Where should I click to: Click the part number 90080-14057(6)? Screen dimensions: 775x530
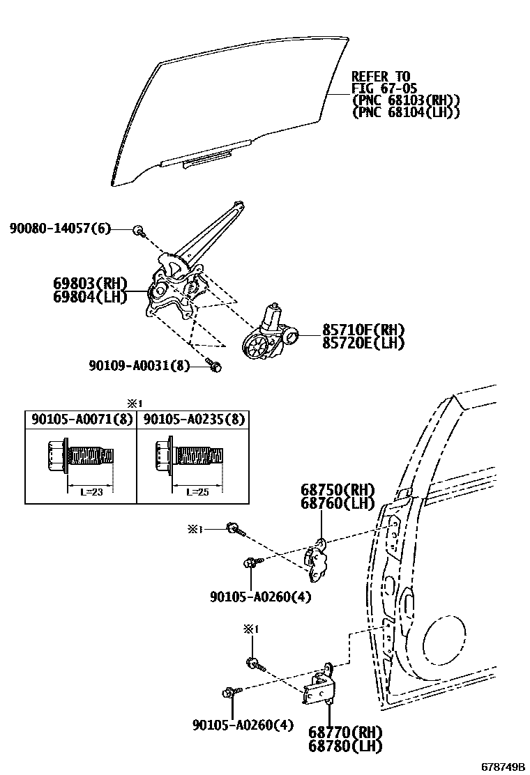(61, 229)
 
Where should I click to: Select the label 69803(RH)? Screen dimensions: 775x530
(91, 284)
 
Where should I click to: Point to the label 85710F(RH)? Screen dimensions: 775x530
(363, 330)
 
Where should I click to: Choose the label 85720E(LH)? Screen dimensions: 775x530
(363, 342)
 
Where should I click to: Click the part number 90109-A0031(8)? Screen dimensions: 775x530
(139, 365)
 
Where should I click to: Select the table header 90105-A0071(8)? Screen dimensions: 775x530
(80, 419)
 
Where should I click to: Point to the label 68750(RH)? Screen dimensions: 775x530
(338, 490)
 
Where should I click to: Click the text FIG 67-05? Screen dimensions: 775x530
(381, 88)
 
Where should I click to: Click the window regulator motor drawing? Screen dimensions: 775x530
(268, 335)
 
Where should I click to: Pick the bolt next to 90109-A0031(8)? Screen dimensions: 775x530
(214, 365)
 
